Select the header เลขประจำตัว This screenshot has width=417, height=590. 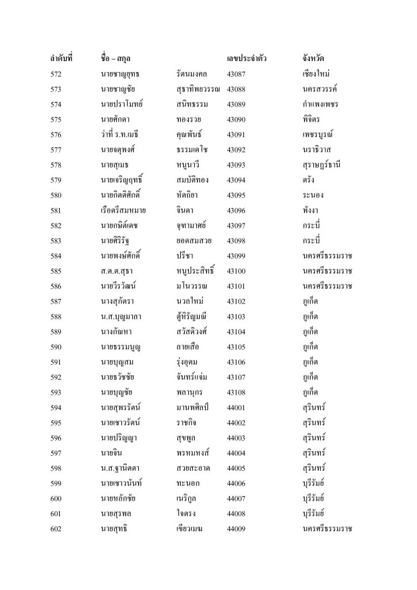tap(247, 59)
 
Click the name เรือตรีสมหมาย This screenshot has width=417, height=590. tap(123, 211)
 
